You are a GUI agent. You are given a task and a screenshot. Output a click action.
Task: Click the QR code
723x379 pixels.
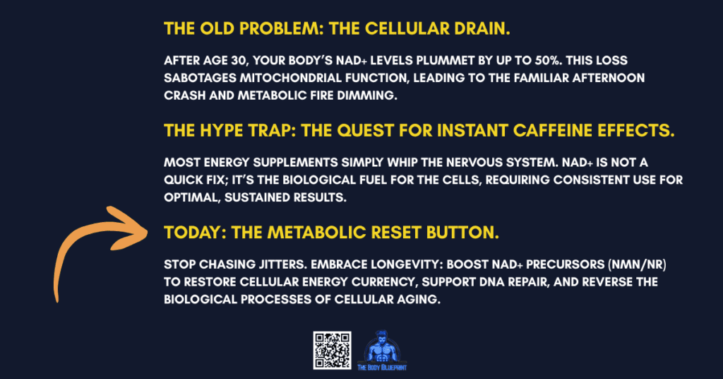click(332, 350)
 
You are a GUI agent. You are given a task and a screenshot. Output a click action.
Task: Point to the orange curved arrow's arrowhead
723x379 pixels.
click(134, 221)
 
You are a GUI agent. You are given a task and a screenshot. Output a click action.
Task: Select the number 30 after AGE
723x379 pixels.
click(243, 62)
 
